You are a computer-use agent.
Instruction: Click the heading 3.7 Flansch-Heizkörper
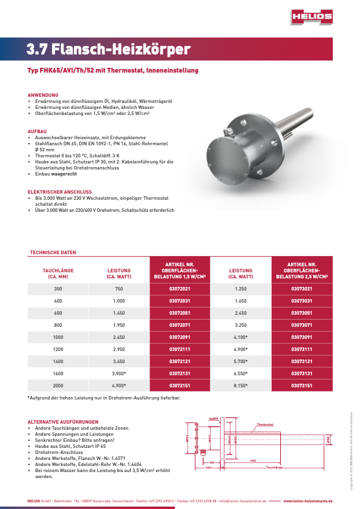pyautogui.click(x=108, y=50)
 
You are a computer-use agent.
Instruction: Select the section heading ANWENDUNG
pyautogui.click(x=43, y=95)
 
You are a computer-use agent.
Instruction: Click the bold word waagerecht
pyautogui.click(x=64, y=174)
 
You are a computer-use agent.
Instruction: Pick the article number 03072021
pyautogui.click(x=180, y=289)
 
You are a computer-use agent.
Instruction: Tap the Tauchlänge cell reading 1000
pyautogui.click(x=58, y=337)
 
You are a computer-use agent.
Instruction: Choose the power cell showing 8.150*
pyautogui.click(x=240, y=386)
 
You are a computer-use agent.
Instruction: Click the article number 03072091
pyautogui.click(x=180, y=337)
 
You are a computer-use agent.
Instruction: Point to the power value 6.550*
pyautogui.click(x=240, y=373)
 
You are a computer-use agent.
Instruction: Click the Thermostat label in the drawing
pyautogui.click(x=265, y=425)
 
